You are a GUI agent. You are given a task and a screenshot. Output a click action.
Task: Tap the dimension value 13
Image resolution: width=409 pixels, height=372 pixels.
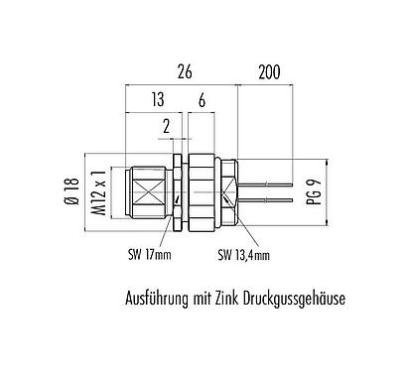156,101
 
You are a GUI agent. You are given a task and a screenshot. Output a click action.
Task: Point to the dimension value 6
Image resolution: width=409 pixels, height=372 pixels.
203,101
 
